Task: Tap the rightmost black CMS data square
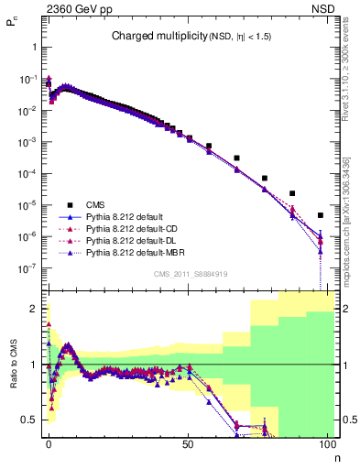(x=320, y=215)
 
